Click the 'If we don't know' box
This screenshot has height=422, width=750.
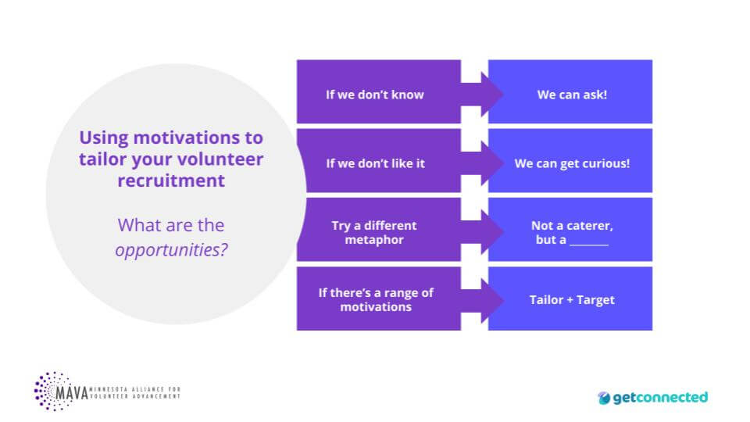tap(378, 91)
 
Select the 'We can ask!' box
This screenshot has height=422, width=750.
tap(570, 91)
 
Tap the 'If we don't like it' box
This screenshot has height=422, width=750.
tap(378, 160)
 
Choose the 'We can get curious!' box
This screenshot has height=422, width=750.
tap(570, 160)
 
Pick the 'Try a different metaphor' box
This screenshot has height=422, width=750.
tap(378, 229)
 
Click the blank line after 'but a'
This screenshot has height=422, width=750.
tap(589, 244)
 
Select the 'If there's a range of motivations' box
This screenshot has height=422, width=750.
tap(378, 298)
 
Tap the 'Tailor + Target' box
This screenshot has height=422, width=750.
tap(570, 298)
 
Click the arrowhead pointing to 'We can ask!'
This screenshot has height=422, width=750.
tap(492, 95)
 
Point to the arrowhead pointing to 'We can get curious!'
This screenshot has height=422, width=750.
tap(492, 163)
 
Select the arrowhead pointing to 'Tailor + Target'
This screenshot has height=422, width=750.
tap(492, 301)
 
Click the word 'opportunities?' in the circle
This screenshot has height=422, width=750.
tap(171, 250)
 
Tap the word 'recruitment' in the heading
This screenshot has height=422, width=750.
tap(171, 181)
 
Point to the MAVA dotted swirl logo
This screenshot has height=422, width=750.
tap(52, 392)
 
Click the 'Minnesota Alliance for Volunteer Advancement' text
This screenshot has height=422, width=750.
tap(135, 393)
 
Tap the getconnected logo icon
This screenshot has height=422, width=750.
tap(604, 398)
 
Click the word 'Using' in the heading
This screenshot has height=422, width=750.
tap(104, 138)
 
